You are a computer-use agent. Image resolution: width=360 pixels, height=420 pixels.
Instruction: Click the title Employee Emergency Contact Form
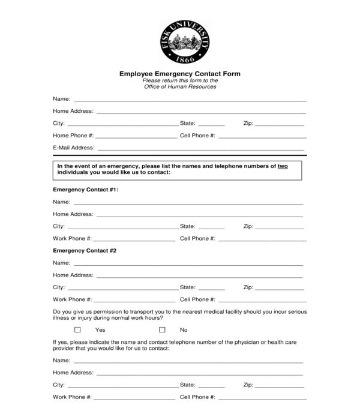(180, 74)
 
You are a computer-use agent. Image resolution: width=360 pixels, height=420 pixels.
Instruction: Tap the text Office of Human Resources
(180, 87)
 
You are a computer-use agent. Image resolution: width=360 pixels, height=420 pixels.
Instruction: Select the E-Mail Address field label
(74, 148)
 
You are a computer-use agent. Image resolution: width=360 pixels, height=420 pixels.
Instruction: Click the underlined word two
(283, 166)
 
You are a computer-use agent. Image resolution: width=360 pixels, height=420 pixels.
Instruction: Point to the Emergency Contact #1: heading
(86, 190)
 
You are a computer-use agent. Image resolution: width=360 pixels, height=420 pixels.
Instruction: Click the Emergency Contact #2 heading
(85, 250)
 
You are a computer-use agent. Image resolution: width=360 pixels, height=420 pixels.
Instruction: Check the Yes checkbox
(77, 330)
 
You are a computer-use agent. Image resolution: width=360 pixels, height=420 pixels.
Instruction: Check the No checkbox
(162, 330)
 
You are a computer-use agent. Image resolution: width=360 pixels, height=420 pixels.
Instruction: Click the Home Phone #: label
(73, 136)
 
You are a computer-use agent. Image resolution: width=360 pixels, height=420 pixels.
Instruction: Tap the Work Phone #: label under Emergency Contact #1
(73, 239)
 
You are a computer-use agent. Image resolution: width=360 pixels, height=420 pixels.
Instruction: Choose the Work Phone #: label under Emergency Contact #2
(73, 299)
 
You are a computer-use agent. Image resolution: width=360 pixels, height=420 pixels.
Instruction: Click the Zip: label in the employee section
(248, 124)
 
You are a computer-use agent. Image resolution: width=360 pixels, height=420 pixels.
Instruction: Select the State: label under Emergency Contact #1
(188, 226)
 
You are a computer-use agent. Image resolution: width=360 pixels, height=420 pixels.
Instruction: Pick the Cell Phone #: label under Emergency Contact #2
(197, 299)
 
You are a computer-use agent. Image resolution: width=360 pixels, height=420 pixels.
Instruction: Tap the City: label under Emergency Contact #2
(59, 287)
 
